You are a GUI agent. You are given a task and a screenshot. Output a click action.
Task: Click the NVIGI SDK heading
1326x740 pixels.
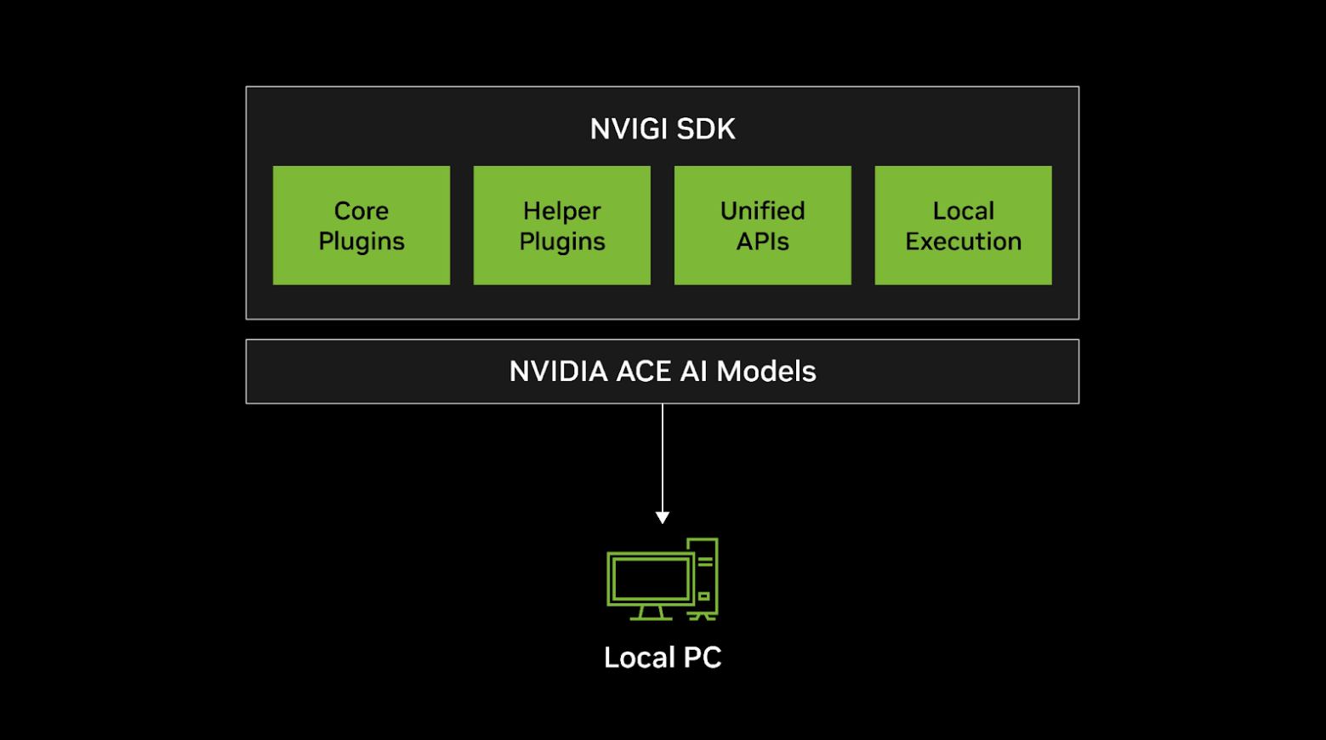(663, 129)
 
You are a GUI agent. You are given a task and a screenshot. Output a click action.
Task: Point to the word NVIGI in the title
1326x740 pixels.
(626, 129)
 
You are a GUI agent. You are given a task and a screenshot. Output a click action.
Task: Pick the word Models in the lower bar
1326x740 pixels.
(765, 372)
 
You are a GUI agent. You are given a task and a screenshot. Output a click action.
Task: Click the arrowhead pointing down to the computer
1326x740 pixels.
(663, 517)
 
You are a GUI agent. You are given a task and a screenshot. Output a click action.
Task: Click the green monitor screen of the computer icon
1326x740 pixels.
(651, 579)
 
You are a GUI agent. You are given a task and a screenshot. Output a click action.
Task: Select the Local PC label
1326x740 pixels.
(663, 657)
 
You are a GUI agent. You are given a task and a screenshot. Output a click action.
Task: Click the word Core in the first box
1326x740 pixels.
(361, 211)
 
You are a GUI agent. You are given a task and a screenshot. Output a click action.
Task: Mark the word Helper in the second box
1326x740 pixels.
(561, 211)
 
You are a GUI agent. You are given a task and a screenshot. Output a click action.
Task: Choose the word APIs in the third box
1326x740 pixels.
(762, 242)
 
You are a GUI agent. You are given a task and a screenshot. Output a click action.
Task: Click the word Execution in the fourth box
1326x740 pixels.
(963, 242)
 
